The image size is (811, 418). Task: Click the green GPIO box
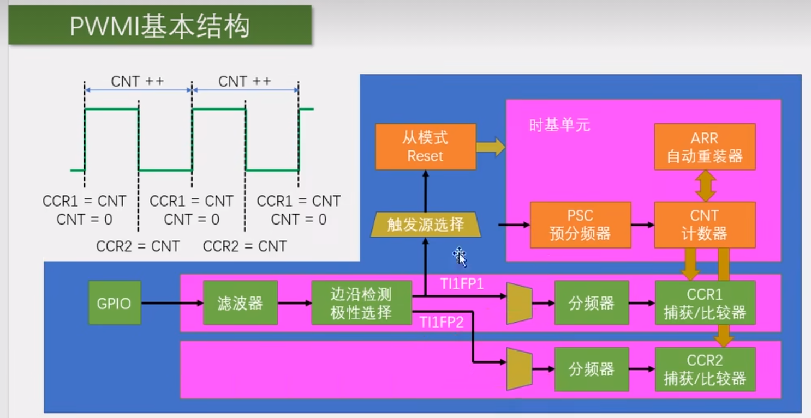[x=115, y=303]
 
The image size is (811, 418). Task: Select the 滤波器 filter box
[x=240, y=303]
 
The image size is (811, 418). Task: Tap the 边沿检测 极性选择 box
[x=361, y=303]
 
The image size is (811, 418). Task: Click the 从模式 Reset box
[x=425, y=147]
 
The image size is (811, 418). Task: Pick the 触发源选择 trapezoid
[x=425, y=225]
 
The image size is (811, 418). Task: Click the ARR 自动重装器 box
[x=705, y=147]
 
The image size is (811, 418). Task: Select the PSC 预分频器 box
[x=580, y=225]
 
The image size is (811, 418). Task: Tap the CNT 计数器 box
[x=705, y=225]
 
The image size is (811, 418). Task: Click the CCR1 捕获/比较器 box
[x=705, y=303]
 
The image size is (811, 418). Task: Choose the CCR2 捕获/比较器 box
[x=705, y=369]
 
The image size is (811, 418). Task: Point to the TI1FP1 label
[x=462, y=284]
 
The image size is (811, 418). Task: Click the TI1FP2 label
[x=442, y=322]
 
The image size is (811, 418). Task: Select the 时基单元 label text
[x=559, y=125]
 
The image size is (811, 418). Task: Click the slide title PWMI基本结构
[x=160, y=26]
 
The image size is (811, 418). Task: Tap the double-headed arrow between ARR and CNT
[x=705, y=185]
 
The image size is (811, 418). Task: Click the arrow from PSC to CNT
[x=642, y=225]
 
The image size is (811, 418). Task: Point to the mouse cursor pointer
[x=460, y=256]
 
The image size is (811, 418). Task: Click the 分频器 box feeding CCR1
[x=591, y=303]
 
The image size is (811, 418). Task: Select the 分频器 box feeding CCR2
[x=591, y=369]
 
